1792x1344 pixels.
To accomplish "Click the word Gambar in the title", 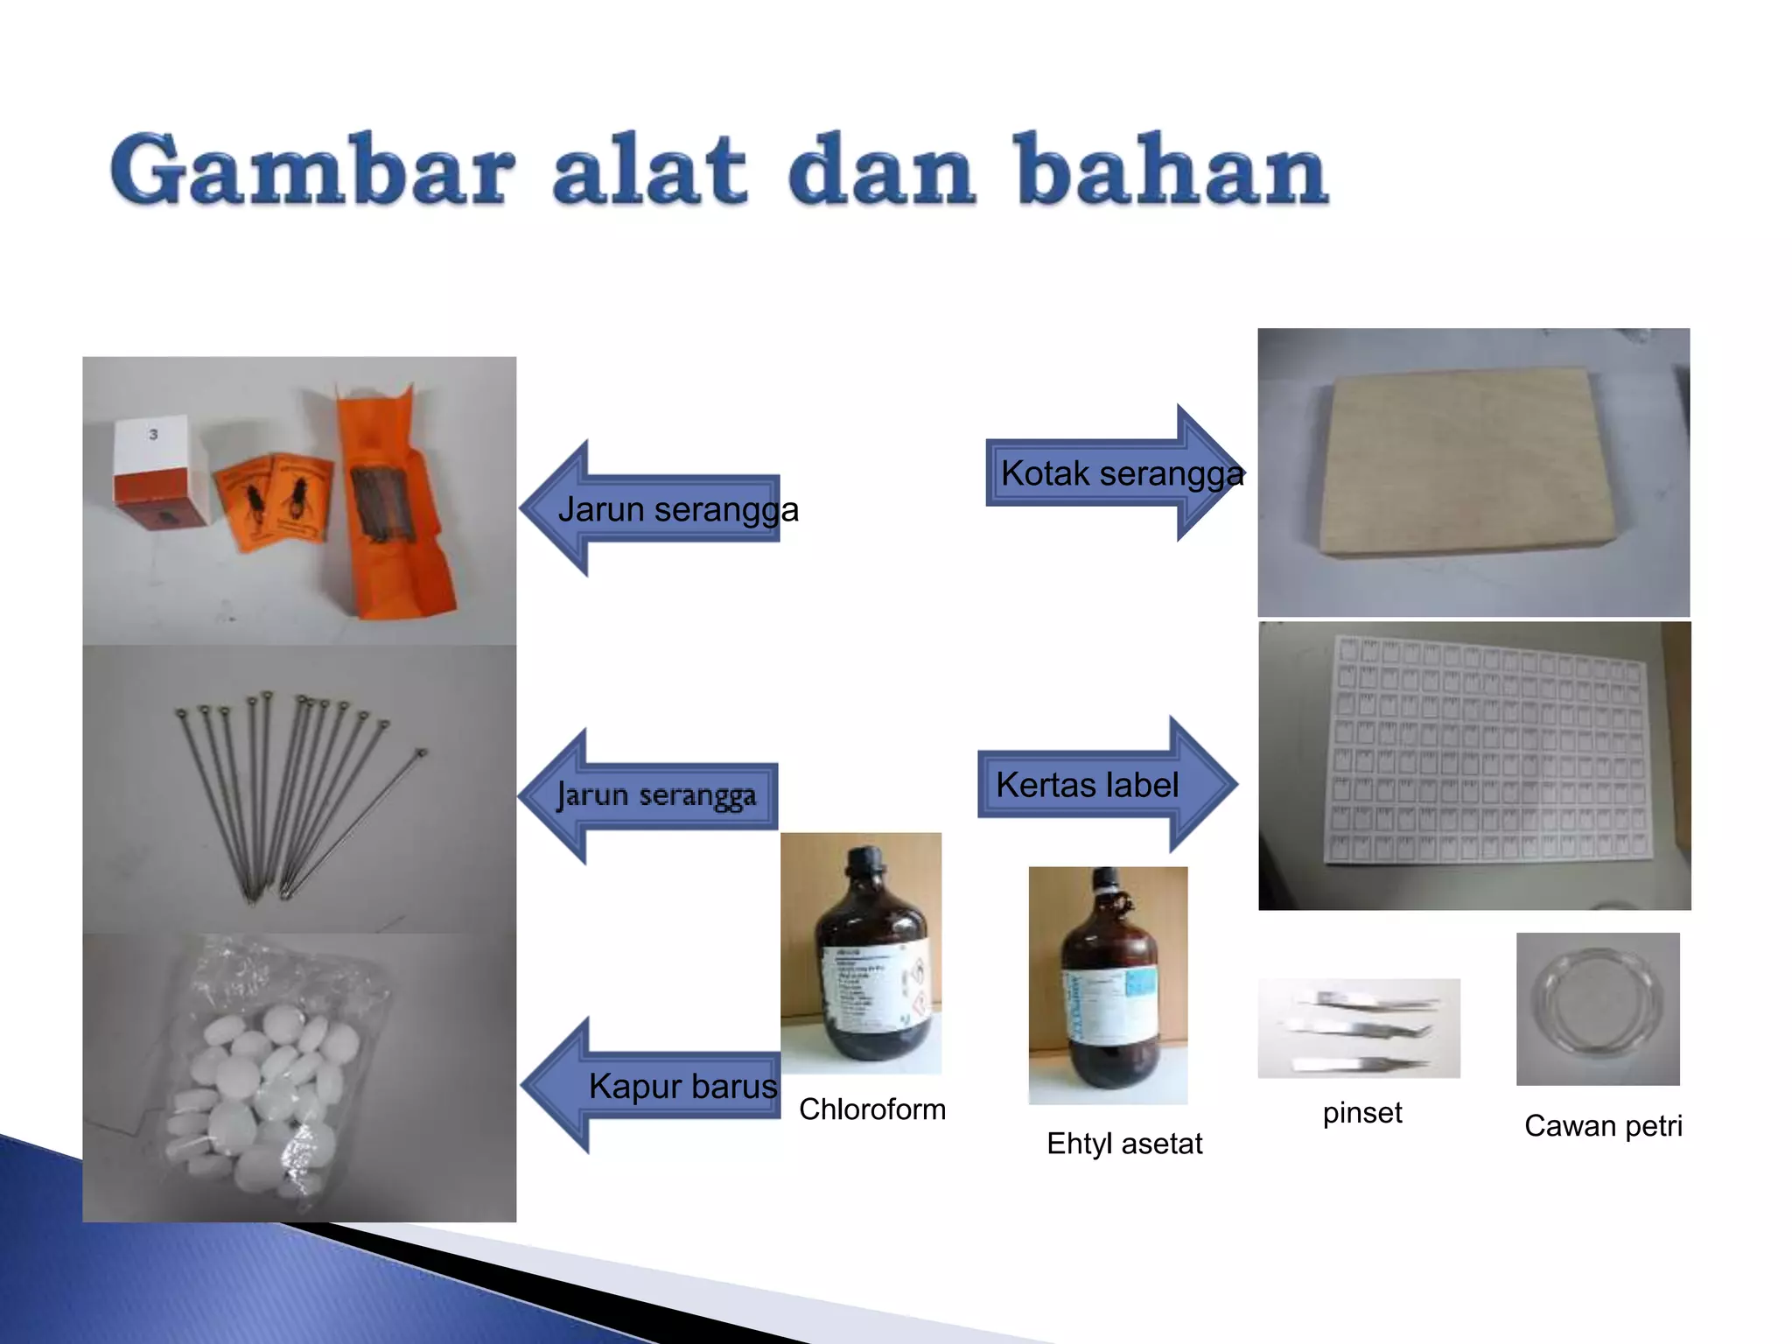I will (311, 171).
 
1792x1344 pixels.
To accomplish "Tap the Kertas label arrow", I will (1104, 785).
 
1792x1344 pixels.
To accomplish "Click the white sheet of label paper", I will (1483, 751).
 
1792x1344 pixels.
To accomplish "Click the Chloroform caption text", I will (871, 1109).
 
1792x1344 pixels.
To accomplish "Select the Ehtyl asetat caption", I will (1123, 1144).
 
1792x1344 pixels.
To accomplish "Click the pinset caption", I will (1361, 1113).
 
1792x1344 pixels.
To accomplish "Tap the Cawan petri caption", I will (1602, 1126).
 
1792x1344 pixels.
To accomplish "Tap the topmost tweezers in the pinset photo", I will (1369, 1000).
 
